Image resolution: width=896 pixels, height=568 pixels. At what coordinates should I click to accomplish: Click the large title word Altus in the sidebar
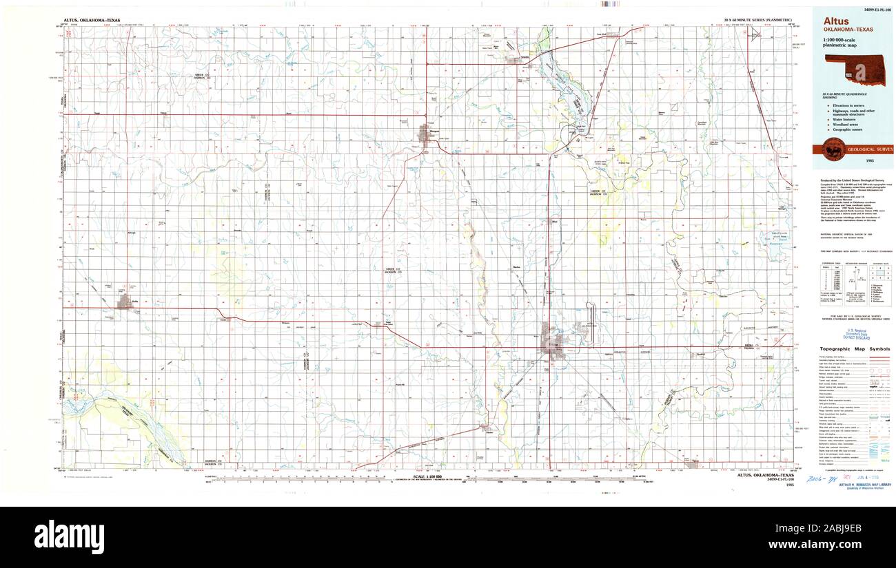836,21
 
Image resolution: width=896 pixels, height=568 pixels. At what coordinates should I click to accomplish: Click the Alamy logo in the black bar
69,536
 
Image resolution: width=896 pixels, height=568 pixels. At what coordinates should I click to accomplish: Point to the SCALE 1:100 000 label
429,477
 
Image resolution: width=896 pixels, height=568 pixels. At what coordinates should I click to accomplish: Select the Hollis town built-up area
125,302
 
